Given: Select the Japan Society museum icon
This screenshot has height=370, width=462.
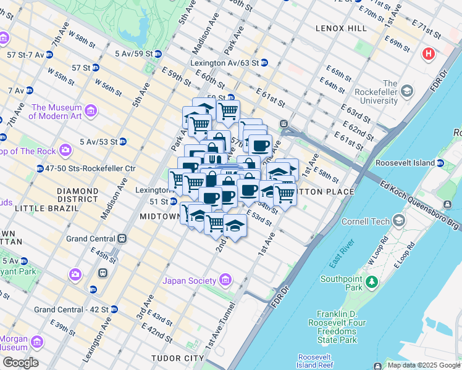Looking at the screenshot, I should (225, 281).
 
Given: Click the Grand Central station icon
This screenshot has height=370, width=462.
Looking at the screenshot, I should (123, 238).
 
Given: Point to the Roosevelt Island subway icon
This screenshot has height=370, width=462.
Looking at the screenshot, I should (440, 163).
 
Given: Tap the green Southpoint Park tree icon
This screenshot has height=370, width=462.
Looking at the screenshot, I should (372, 282).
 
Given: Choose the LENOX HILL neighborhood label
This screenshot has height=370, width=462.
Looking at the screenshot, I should (341, 28).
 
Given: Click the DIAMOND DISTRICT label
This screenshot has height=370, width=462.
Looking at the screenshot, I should (86, 195).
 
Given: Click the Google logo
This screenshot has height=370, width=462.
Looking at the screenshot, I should (20, 363).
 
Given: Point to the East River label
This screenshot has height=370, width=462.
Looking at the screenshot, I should (341, 253).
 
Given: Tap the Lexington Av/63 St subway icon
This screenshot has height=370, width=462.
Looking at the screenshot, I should (264, 63).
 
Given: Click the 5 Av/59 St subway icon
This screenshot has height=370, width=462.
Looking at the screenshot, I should (158, 54).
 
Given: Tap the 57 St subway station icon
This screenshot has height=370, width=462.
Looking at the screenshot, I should (97, 68).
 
